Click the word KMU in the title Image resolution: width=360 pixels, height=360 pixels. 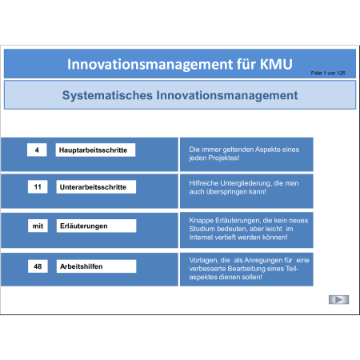[x=276, y=64]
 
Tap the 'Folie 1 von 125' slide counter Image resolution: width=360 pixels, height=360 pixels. [x=328, y=73]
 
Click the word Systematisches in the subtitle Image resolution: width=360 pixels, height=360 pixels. [x=107, y=95]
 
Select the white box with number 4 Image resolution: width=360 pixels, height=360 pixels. [x=37, y=150]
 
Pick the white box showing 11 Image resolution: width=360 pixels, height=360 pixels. [x=38, y=186]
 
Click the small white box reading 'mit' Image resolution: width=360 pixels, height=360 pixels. [x=38, y=226]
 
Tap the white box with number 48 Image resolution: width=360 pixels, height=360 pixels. [x=38, y=266]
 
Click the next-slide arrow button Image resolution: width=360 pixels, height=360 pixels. [x=338, y=300]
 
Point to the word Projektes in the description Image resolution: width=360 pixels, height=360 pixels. [x=224, y=158]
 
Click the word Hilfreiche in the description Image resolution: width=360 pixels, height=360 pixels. [x=204, y=183]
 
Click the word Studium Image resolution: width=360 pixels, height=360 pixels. [x=202, y=229]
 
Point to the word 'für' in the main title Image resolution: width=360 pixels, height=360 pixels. [x=246, y=64]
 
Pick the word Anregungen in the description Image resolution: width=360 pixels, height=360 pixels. [x=262, y=261]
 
